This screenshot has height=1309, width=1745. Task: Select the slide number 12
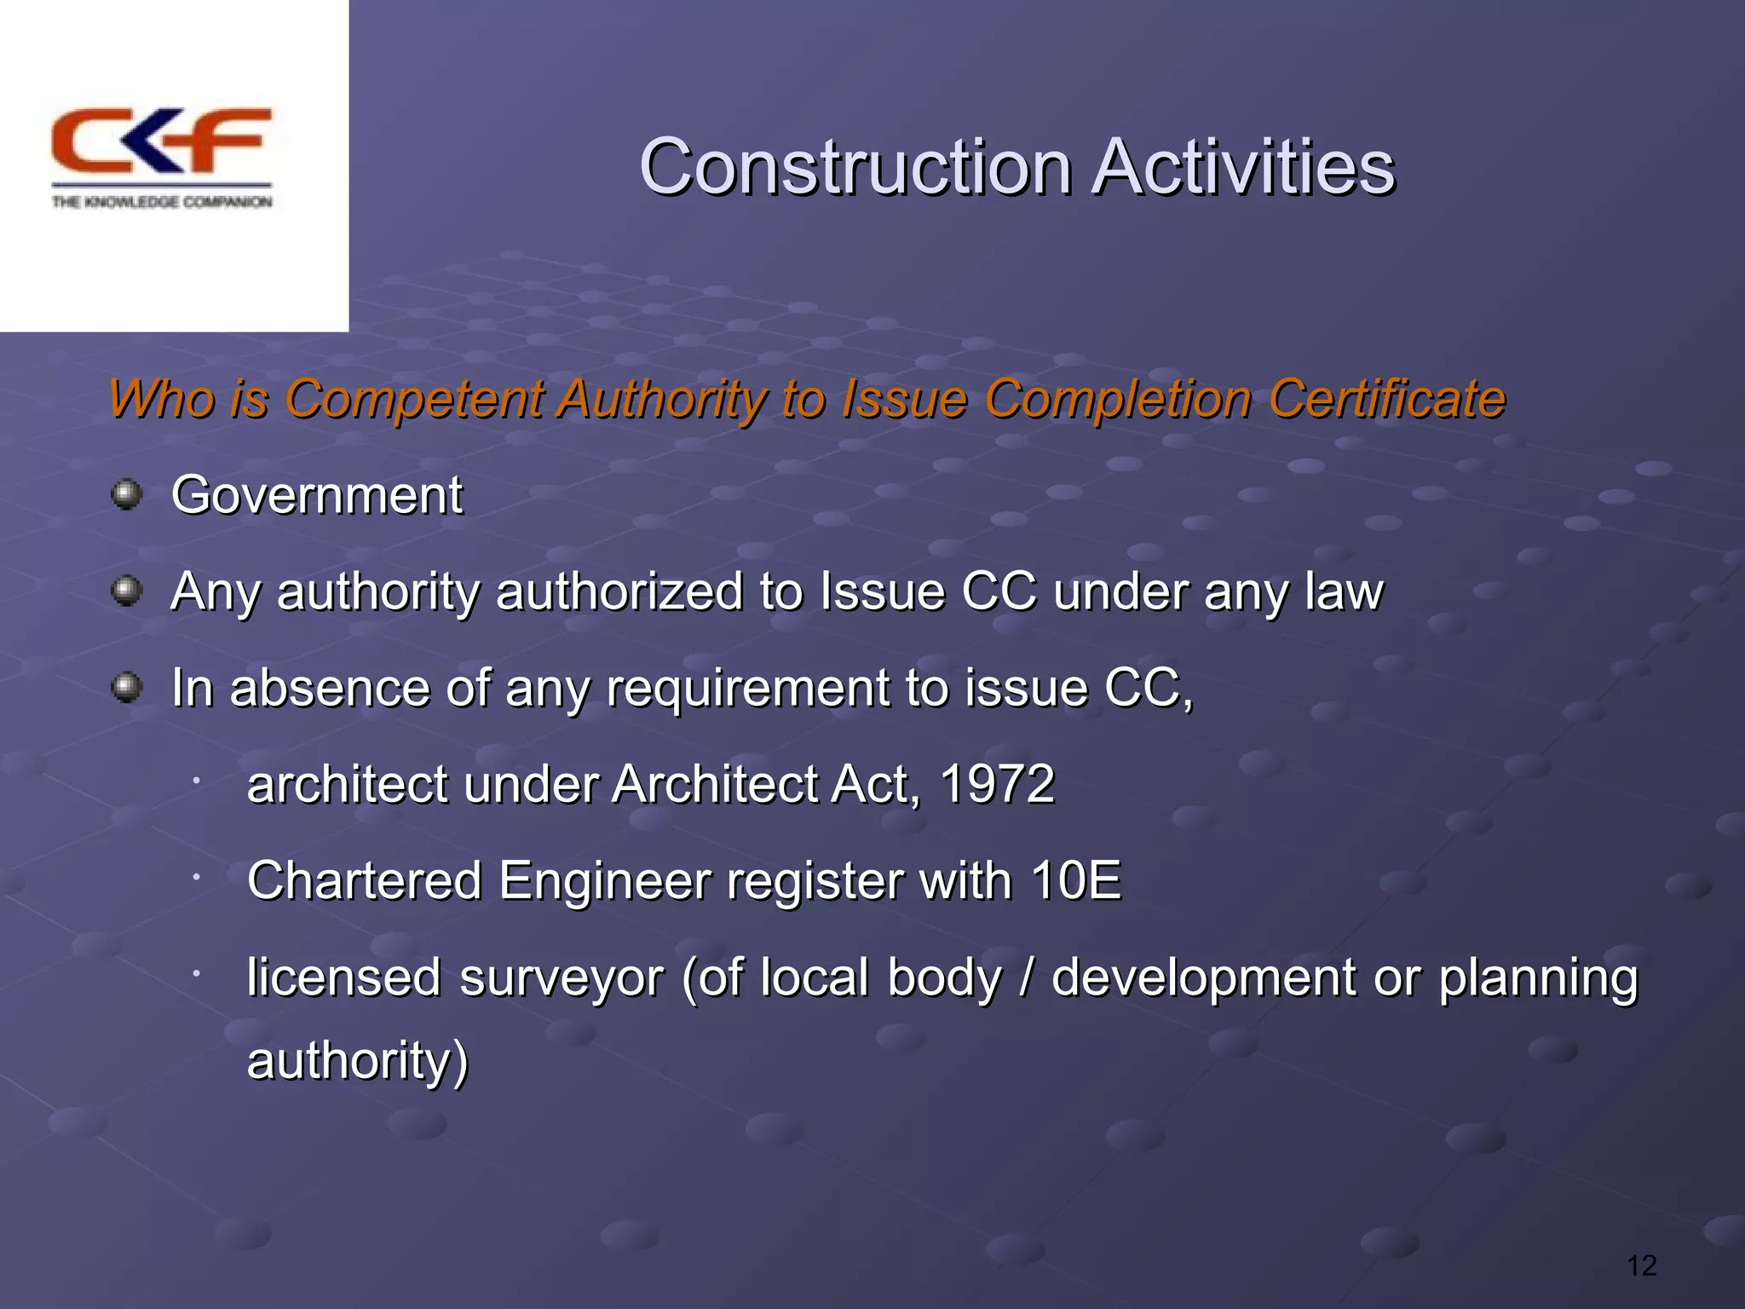point(1641,1266)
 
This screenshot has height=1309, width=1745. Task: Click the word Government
point(317,495)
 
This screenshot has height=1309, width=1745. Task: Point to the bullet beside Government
point(127,493)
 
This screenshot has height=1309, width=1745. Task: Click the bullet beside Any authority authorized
point(127,590)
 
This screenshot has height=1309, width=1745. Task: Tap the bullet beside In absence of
point(127,686)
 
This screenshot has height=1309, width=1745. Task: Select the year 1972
point(997,784)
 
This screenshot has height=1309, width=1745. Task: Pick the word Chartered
point(364,880)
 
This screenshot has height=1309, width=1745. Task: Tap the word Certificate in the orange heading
point(1386,399)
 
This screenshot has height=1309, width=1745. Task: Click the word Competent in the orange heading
point(412,399)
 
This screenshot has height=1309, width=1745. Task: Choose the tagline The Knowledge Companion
point(162,202)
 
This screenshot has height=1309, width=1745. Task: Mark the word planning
point(1538,978)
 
